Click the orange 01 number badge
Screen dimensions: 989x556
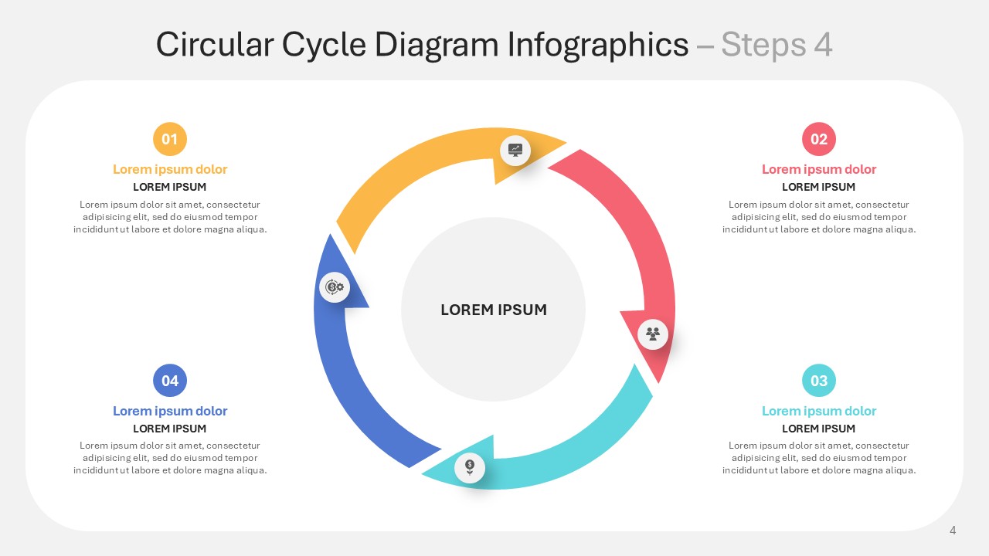(x=170, y=139)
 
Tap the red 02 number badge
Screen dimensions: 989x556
(x=819, y=139)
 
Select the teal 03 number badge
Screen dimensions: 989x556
(x=819, y=381)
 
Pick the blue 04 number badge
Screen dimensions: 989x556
(x=170, y=381)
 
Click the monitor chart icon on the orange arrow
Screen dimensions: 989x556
(x=515, y=150)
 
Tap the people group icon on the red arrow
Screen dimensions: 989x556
(x=653, y=334)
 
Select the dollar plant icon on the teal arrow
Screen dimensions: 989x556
(x=470, y=467)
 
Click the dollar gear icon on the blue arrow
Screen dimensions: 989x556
(x=335, y=287)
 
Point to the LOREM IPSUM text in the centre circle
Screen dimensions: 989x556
(x=494, y=310)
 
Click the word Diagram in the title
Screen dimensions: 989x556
(x=437, y=45)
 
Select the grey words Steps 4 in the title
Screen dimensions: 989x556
(x=777, y=45)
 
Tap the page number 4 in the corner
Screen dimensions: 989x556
(x=953, y=530)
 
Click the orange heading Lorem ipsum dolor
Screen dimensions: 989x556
(x=170, y=169)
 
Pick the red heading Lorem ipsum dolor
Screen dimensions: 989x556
(x=819, y=169)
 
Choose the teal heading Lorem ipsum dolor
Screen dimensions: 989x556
(x=819, y=411)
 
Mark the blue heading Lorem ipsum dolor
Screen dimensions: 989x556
(x=170, y=411)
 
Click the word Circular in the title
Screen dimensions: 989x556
(x=215, y=45)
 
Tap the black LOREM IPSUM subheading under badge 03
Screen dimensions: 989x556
(x=818, y=429)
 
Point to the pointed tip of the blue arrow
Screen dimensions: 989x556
(x=330, y=234)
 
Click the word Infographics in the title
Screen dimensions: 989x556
(x=598, y=45)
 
